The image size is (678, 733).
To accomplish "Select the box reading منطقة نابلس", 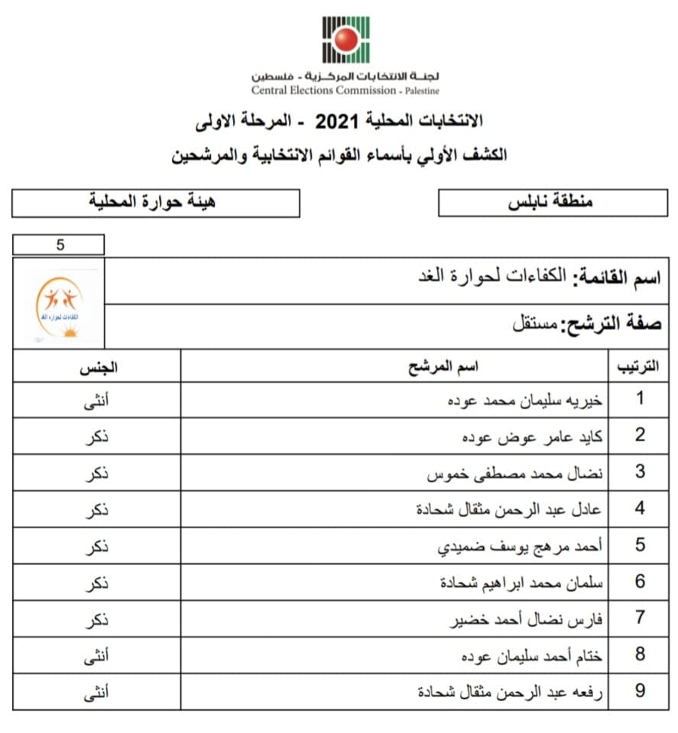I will [551, 203].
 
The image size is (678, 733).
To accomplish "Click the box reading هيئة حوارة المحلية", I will [155, 203].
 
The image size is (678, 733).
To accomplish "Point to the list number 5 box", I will [59, 245].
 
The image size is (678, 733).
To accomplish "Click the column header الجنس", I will [98, 367].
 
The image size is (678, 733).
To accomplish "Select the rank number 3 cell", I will [640, 472].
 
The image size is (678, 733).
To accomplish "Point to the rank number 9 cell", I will [640, 692].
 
